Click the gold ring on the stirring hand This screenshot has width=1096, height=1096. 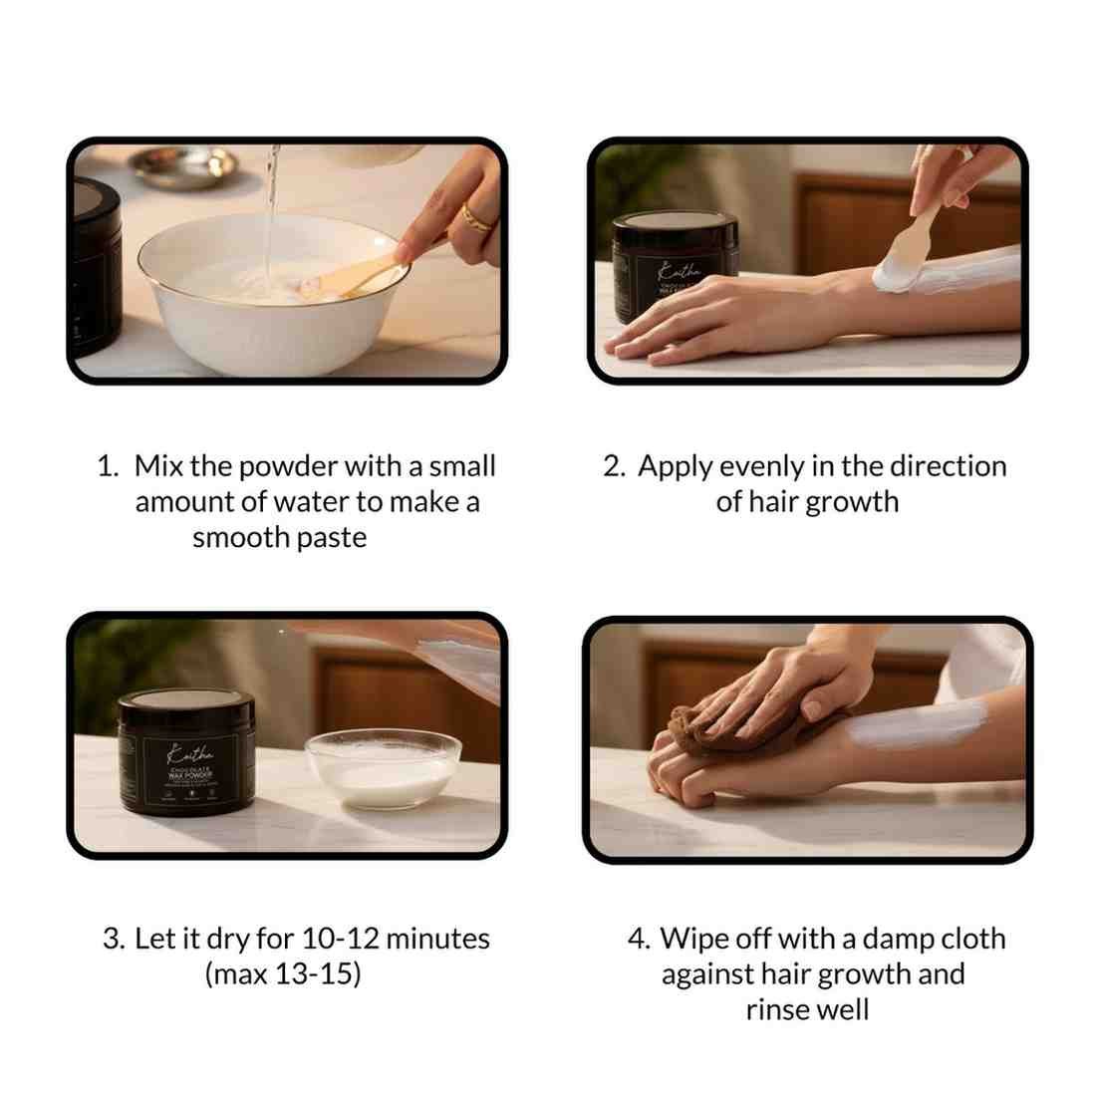point(476,218)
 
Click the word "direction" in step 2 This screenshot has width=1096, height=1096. point(948,466)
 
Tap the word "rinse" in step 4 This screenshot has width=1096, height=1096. point(777,1009)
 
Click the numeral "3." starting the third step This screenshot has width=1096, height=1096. point(114,939)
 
